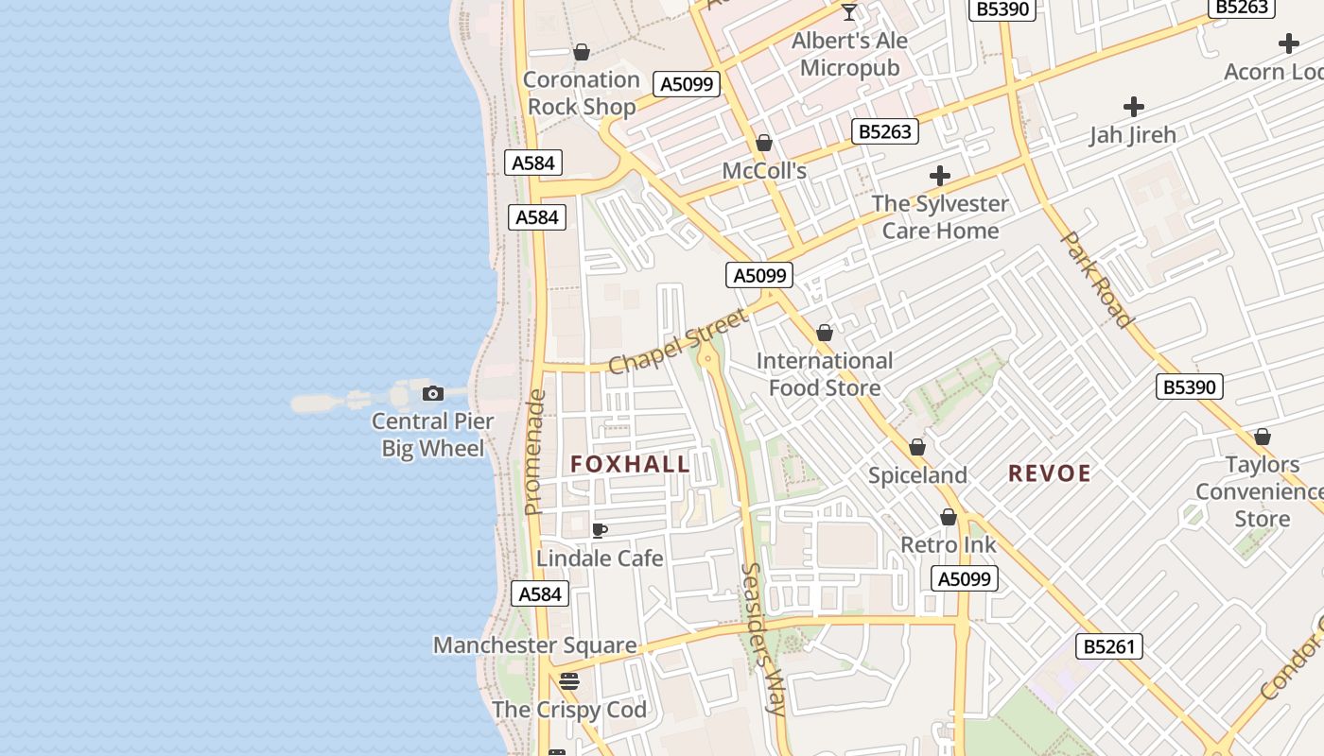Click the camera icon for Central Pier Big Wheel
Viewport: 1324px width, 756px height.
pyautogui.click(x=433, y=393)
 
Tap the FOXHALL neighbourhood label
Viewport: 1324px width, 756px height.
pyautogui.click(x=631, y=464)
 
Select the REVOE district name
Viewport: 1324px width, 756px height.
pyautogui.click(x=1050, y=473)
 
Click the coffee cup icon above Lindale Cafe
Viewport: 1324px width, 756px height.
pyautogui.click(x=600, y=530)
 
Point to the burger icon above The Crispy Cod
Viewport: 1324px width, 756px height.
pyautogui.click(x=568, y=680)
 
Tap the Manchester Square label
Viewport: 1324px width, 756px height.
pyautogui.click(x=534, y=645)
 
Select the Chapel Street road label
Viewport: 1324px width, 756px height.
pyautogui.click(x=678, y=339)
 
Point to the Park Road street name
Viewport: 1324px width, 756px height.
pyautogui.click(x=1097, y=279)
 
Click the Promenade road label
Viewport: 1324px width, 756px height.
pyautogui.click(x=535, y=453)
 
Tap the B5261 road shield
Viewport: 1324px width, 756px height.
pyautogui.click(x=1109, y=646)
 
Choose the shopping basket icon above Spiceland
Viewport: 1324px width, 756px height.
pyautogui.click(x=917, y=447)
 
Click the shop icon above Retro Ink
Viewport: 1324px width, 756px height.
pyautogui.click(x=949, y=517)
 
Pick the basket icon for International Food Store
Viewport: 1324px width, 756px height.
pyautogui.click(x=825, y=333)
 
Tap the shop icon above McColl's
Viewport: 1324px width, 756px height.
pyautogui.click(x=764, y=143)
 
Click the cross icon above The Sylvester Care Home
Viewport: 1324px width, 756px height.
pyautogui.click(x=940, y=176)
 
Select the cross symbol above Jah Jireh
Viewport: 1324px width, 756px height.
pyautogui.click(x=1133, y=107)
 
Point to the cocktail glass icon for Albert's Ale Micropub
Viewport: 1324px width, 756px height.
pyautogui.click(x=849, y=12)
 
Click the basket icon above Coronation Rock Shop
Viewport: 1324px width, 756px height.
pyautogui.click(x=582, y=52)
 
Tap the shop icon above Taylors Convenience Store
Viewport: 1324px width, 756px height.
pyautogui.click(x=1263, y=437)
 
